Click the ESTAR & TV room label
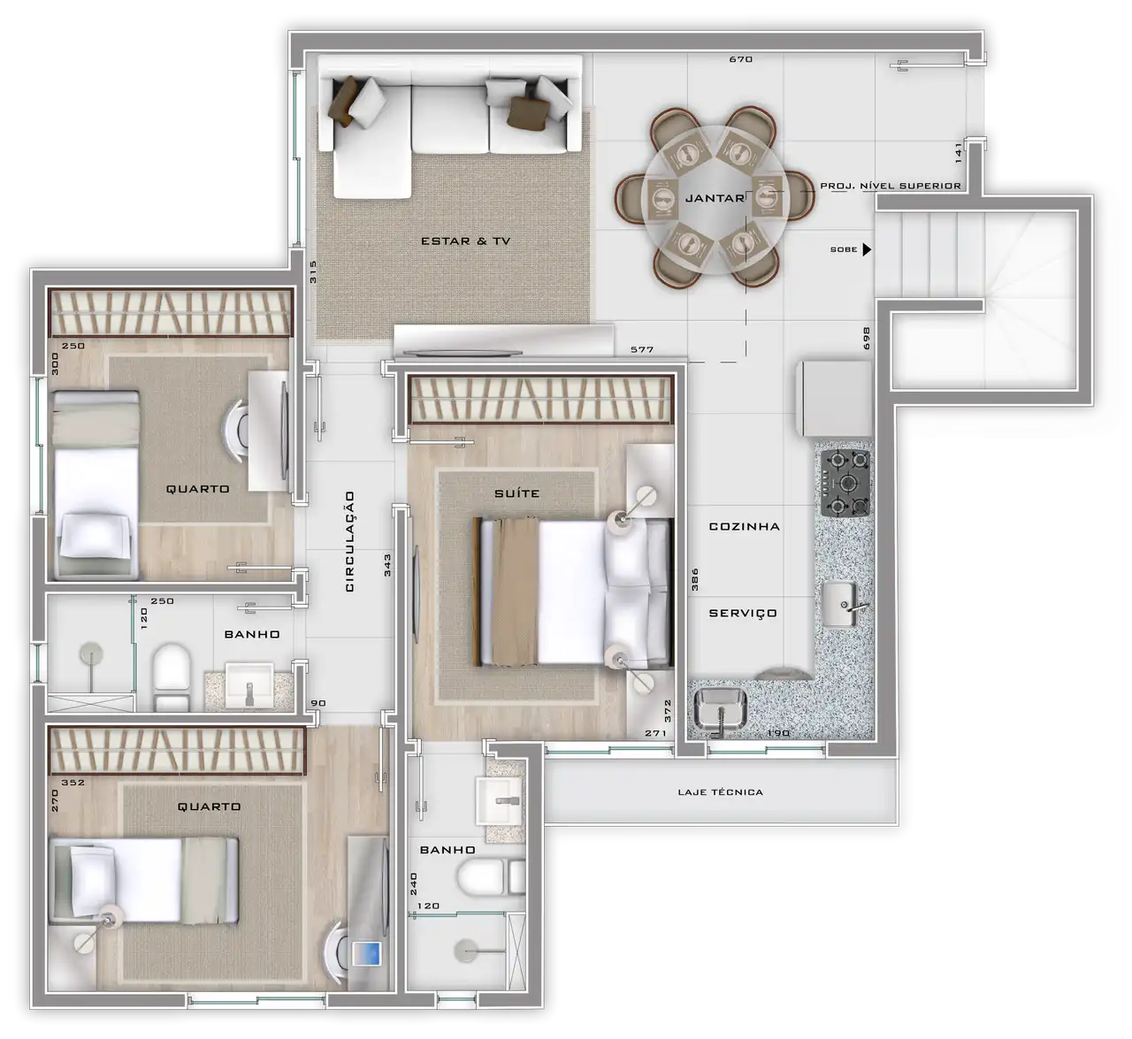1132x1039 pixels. click(465, 241)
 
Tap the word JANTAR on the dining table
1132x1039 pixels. click(715, 198)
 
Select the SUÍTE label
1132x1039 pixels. click(516, 493)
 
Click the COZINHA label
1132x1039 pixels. click(744, 526)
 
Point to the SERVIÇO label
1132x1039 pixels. click(743, 613)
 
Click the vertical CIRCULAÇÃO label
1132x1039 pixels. click(350, 541)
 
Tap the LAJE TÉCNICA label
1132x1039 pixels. click(720, 792)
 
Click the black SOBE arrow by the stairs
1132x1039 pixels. click(867, 249)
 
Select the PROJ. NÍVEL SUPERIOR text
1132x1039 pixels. click(890, 186)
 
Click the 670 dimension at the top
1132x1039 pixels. click(741, 59)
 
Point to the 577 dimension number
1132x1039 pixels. click(642, 350)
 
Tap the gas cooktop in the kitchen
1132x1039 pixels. click(845, 483)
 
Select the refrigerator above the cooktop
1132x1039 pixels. click(834, 399)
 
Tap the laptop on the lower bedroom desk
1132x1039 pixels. click(367, 954)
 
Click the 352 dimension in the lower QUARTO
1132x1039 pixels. click(73, 783)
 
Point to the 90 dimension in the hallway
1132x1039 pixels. click(318, 703)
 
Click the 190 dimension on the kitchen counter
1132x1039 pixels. click(778, 733)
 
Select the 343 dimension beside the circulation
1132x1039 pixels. click(387, 565)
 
